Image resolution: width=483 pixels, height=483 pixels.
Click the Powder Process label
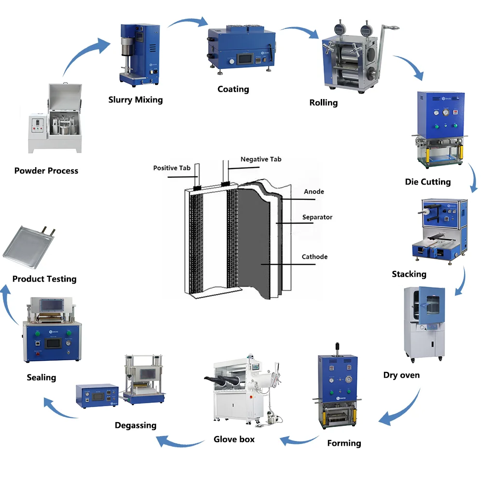pos(46,170)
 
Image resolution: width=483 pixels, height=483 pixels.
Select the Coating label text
pos(233,89)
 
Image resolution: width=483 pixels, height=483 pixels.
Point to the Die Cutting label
pos(427,182)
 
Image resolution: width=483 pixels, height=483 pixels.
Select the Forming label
pos(344,443)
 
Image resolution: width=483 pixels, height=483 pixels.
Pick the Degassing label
pos(135,426)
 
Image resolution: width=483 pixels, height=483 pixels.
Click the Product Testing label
pos(44,279)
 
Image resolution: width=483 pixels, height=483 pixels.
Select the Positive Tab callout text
pos(171,168)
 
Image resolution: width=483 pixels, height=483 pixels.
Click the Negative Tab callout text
pos(261,159)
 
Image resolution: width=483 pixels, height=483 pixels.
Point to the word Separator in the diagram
pos(317,217)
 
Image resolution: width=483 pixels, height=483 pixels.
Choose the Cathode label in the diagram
pos(314,256)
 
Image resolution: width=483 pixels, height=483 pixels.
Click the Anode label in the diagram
pos(314,192)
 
